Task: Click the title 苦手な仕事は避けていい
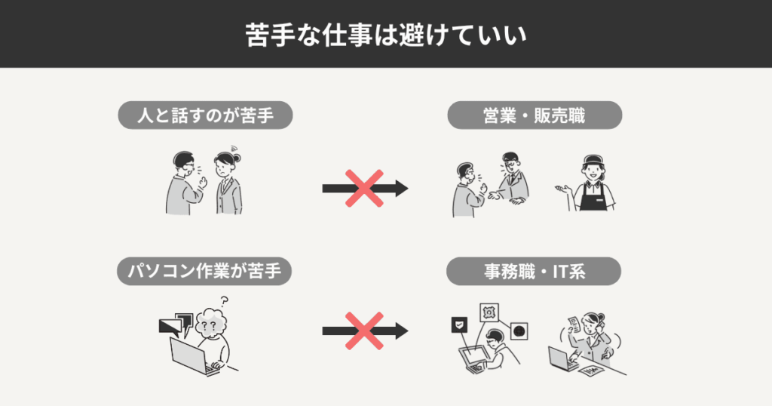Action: [386, 35]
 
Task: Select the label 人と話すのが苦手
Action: [205, 115]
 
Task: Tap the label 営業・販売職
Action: [535, 115]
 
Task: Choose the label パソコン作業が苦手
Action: [204, 271]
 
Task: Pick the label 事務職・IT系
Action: [534, 271]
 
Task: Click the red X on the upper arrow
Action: [364, 188]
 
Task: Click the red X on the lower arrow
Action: [364, 331]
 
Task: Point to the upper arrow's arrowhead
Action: [402, 188]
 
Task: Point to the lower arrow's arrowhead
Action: [402, 331]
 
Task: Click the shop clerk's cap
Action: [593, 161]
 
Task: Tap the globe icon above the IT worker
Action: [519, 331]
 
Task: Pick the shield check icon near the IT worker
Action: [459, 325]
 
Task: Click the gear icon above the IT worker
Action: [489, 312]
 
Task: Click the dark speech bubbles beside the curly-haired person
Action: [176, 324]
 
